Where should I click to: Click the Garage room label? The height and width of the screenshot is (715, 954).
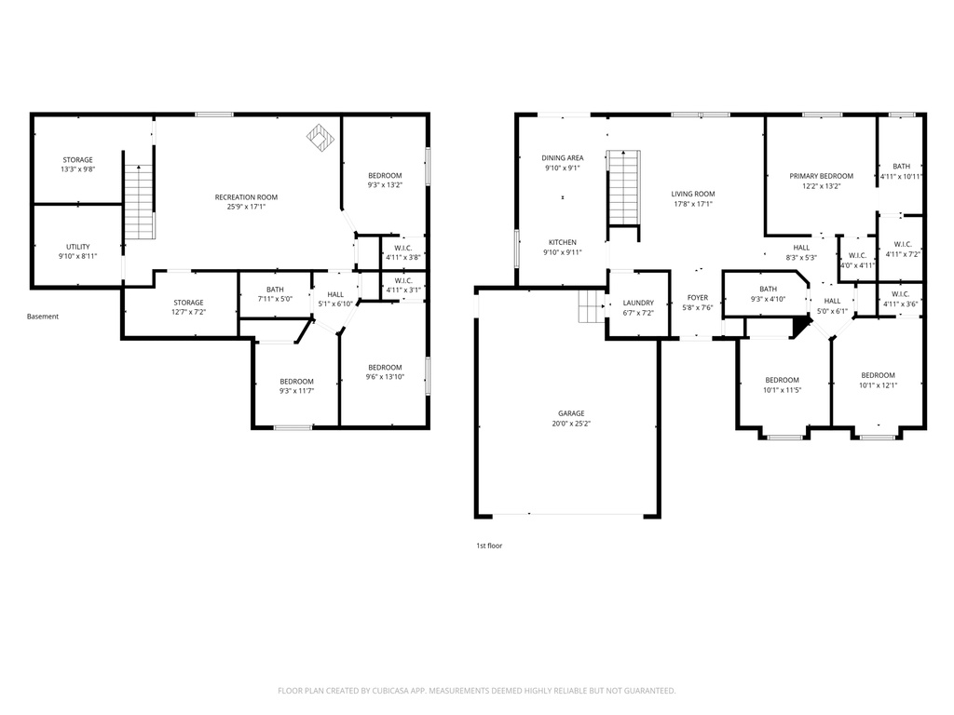[x=572, y=413]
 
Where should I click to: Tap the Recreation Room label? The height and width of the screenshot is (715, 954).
[x=246, y=197]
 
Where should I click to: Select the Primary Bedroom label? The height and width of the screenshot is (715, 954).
[x=821, y=176]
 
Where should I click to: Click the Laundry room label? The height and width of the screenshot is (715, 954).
[x=638, y=303]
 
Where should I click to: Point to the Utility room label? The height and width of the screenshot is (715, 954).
[x=77, y=247]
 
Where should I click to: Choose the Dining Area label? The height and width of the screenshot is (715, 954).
[x=563, y=158]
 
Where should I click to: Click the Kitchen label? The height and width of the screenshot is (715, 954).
[x=563, y=242]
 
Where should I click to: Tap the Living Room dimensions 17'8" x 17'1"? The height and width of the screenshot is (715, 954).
[x=693, y=204]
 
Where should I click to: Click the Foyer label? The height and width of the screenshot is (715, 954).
[x=698, y=298]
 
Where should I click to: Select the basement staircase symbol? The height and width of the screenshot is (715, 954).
[x=138, y=201]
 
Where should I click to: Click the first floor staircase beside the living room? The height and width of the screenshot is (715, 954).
[x=624, y=187]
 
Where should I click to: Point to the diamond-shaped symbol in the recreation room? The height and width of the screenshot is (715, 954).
[x=320, y=138]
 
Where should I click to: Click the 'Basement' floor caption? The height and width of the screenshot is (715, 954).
[x=43, y=317]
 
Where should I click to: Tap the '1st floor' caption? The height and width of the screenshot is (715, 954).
[x=489, y=546]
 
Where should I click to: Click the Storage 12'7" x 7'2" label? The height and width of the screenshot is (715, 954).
[x=188, y=303]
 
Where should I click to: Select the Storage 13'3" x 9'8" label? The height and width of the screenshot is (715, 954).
[x=77, y=160]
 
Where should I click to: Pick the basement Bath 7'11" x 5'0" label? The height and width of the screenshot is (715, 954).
[x=275, y=290]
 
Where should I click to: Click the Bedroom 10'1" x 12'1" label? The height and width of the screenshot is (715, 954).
[x=878, y=375]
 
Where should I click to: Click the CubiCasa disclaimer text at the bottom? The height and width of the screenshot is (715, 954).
[x=477, y=691]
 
